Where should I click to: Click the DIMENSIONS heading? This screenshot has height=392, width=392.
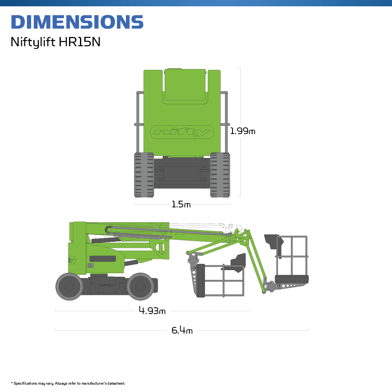point(77,22)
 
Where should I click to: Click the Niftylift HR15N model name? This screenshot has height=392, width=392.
point(55,42)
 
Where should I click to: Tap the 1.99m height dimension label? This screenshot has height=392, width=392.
point(243,131)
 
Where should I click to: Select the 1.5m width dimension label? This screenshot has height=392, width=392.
point(181,204)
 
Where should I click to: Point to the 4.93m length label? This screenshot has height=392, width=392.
point(152,311)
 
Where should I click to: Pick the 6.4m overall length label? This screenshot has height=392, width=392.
point(182,330)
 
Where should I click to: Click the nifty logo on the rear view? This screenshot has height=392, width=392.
point(182,132)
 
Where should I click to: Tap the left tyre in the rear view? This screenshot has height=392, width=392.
point(144,175)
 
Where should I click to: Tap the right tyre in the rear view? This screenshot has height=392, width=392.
point(220,175)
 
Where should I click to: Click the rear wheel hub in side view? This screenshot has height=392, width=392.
point(70,287)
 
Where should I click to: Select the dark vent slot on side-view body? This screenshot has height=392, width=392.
point(102,259)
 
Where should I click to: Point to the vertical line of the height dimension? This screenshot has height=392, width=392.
point(240,98)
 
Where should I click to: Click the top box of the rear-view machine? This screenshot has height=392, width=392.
point(185,85)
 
